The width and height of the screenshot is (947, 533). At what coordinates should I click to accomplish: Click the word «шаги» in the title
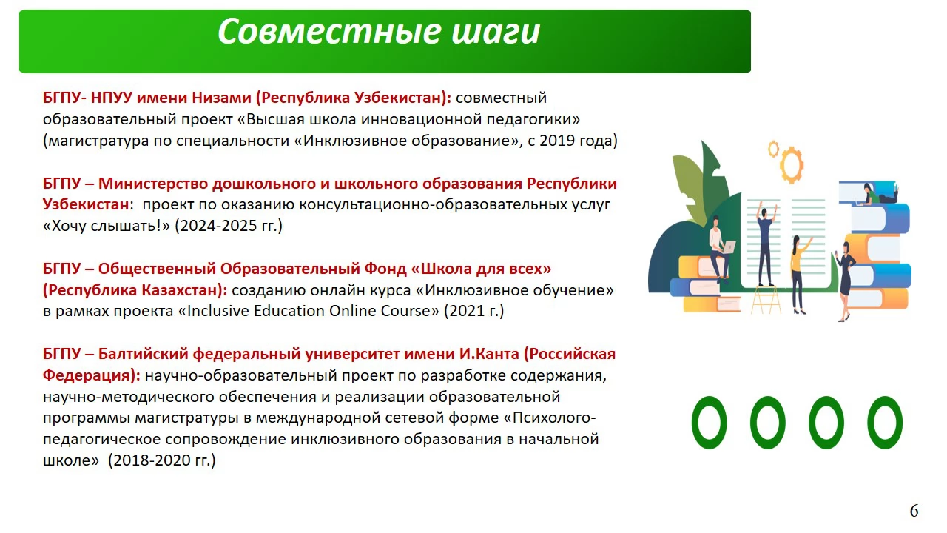496,32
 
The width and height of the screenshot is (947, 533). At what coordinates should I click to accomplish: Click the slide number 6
914,511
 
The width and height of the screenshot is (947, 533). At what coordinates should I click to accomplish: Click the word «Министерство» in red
153,184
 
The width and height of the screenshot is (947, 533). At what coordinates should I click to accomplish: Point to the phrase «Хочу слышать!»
106,226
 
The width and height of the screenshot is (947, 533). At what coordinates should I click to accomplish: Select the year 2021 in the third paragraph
467,311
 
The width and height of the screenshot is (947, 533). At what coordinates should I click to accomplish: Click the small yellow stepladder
766,301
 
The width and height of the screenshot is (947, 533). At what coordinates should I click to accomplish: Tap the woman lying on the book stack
880,194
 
